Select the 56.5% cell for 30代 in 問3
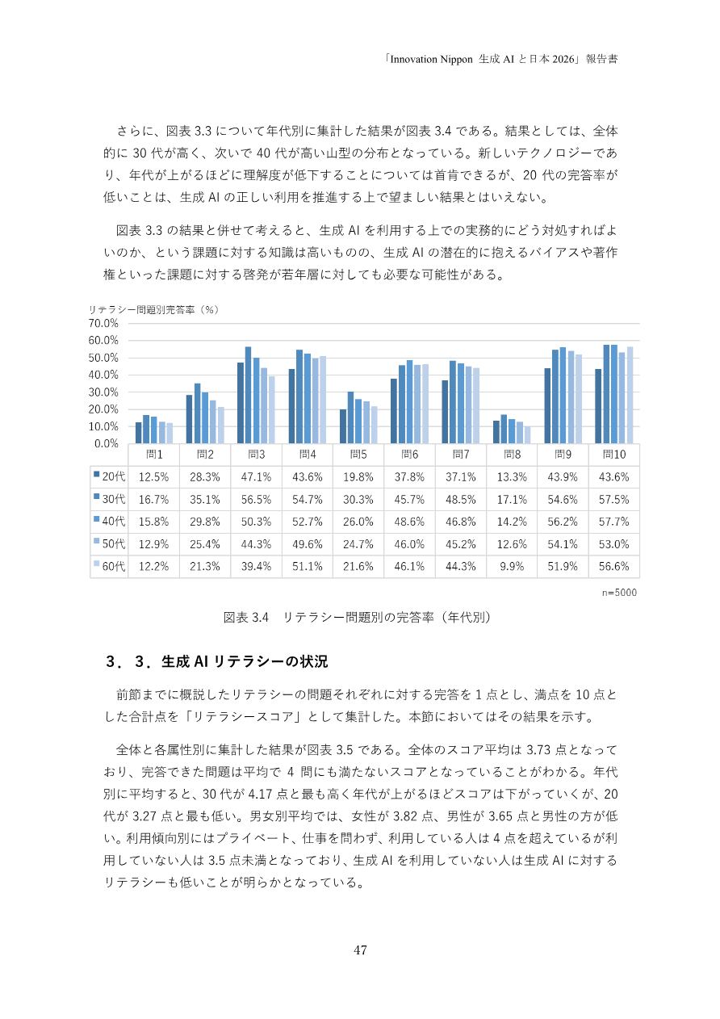256,500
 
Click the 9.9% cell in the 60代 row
512,567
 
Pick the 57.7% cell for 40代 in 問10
614,522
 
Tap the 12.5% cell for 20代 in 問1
153,477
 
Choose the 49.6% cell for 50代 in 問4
307,544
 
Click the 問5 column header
358,455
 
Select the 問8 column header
512,455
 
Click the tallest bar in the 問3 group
249,395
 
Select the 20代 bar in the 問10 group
599,406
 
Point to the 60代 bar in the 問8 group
528,434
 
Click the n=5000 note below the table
620,592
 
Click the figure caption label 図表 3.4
245,618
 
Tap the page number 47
360,950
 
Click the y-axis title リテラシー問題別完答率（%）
154,308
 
